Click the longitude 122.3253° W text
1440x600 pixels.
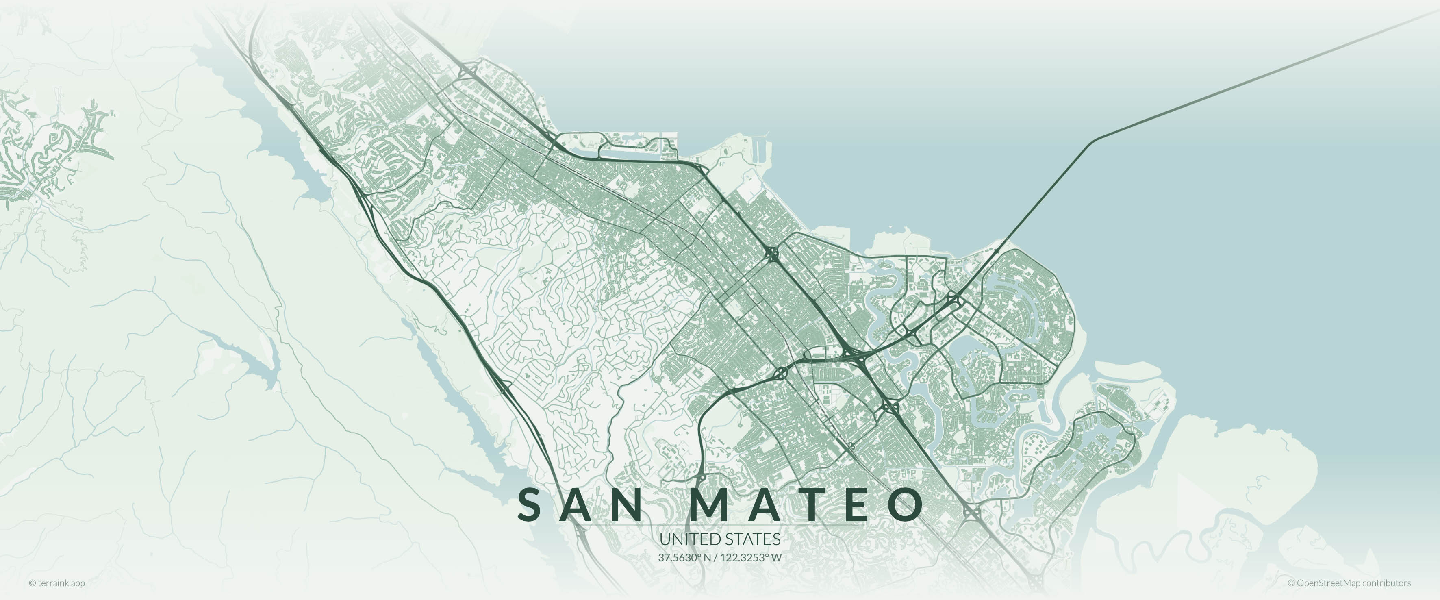pos(751,557)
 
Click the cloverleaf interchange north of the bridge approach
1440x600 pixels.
pos(772,254)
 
